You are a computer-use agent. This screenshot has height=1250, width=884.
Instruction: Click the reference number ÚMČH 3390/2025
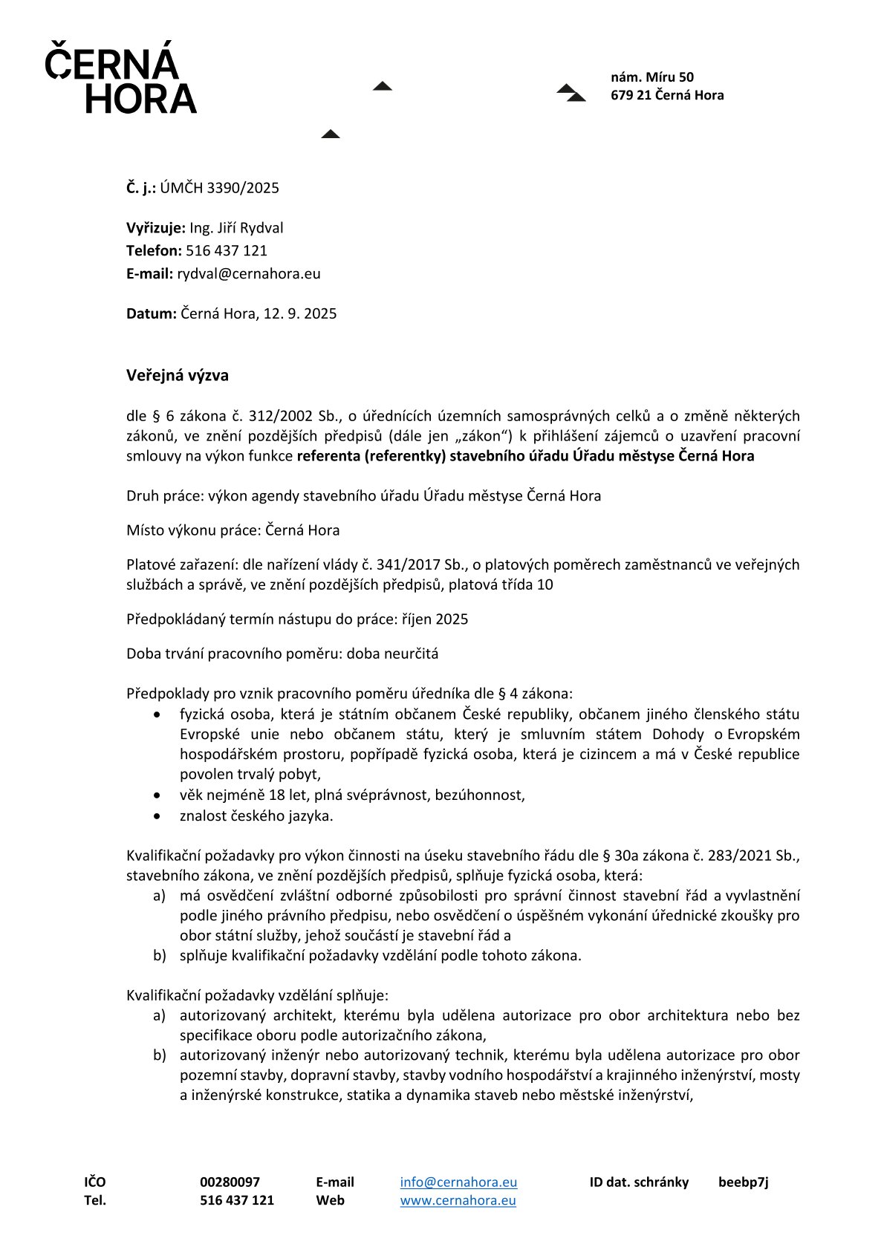[x=220, y=188]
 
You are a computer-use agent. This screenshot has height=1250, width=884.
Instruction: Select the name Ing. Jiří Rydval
[x=236, y=228]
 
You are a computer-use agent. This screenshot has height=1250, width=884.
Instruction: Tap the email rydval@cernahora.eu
[x=249, y=273]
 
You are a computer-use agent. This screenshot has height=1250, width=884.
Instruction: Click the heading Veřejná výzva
[x=178, y=375]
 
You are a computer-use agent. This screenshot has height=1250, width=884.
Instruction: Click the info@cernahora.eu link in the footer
[x=458, y=1182]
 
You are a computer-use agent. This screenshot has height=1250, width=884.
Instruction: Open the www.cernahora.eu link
[x=458, y=1199]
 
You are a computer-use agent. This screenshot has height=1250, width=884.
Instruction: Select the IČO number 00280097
[x=230, y=1182]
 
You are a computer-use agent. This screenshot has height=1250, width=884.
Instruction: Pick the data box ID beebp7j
[x=743, y=1182]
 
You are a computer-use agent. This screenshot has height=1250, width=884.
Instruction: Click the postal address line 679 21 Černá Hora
[x=667, y=95]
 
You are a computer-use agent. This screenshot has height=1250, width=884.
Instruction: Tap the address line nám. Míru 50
[x=652, y=77]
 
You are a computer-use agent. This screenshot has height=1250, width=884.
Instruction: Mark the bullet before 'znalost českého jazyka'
[x=157, y=816]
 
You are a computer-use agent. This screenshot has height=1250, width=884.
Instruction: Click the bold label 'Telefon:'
[x=154, y=251]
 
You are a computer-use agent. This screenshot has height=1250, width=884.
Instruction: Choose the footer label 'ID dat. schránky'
[x=639, y=1182]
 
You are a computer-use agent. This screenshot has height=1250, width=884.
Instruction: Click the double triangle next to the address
[x=571, y=93]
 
